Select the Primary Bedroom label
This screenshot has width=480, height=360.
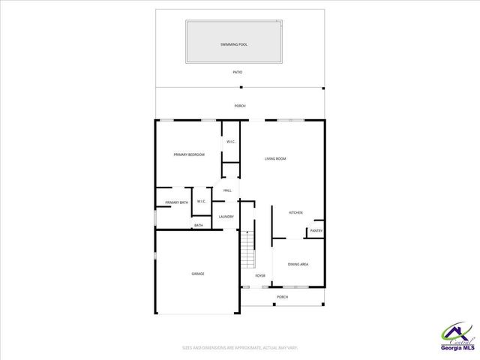click(x=189, y=154)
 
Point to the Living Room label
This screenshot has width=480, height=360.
click(x=275, y=158)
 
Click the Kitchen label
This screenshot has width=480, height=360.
click(x=296, y=213)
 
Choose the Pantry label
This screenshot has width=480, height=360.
click(x=316, y=231)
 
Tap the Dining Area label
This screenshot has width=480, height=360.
click(x=298, y=264)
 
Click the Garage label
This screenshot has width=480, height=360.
click(x=197, y=274)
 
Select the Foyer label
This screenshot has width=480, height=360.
click(x=260, y=276)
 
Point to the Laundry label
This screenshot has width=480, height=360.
click(x=226, y=217)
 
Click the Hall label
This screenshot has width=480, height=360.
click(x=227, y=190)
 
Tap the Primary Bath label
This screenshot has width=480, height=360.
click(x=177, y=202)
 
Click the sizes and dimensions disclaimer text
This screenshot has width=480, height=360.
click(x=240, y=348)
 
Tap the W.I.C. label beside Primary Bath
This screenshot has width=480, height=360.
click(x=202, y=202)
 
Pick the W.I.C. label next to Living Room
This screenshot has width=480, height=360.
click(x=232, y=142)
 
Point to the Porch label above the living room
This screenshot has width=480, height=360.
click(x=240, y=106)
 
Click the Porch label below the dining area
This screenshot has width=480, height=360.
click(x=282, y=297)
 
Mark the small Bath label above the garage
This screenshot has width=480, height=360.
click(x=199, y=225)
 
